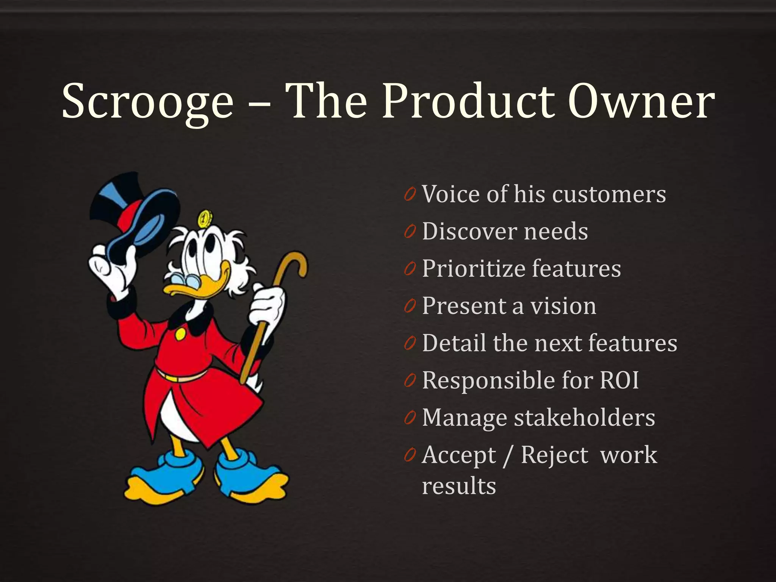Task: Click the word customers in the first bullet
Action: [609, 194]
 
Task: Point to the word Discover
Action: [469, 232]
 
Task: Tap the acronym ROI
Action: [619, 380]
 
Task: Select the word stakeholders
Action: [584, 418]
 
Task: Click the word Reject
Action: [554, 455]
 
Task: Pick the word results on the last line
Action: [459, 486]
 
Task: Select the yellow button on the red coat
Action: [180, 334]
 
